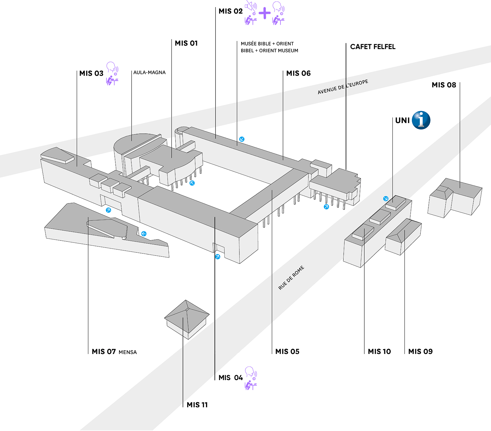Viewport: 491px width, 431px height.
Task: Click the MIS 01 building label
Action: tap(186, 43)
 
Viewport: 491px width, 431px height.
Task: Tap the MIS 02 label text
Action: tap(230, 11)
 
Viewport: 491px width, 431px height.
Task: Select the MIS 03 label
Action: tap(91, 73)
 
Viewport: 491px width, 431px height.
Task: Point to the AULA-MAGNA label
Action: tap(149, 72)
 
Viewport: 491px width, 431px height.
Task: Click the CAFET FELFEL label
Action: tap(373, 47)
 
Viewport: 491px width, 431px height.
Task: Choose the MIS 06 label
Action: tap(298, 73)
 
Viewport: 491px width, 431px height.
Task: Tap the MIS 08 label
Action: tap(444, 85)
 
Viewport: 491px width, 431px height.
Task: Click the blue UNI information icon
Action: tap(421, 120)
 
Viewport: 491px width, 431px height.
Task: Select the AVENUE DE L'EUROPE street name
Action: tap(343, 87)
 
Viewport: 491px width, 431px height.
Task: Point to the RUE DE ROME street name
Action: tap(291, 278)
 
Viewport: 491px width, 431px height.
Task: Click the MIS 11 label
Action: tap(197, 405)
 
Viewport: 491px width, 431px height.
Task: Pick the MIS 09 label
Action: tap(420, 352)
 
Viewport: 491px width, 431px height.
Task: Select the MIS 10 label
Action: tap(379, 352)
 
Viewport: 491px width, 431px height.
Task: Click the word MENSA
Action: tap(128, 352)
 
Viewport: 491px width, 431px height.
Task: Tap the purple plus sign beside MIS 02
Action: tap(265, 13)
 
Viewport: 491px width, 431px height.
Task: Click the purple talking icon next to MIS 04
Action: tap(251, 378)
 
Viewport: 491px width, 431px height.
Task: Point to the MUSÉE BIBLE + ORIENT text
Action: tap(267, 44)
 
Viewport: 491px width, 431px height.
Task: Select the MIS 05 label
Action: tap(287, 352)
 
